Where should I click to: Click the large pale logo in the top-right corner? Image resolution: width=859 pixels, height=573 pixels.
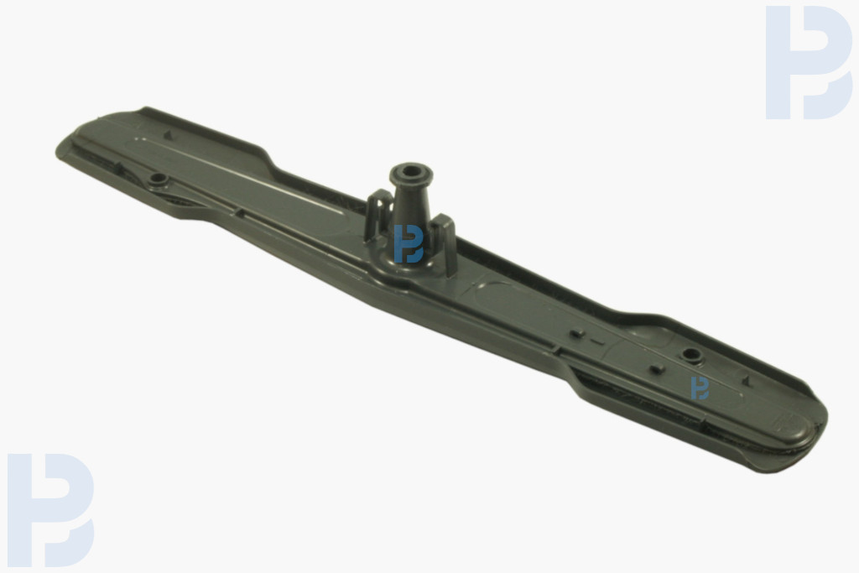pyautogui.click(x=809, y=62)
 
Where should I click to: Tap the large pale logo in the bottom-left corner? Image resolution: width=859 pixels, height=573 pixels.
pyautogui.click(x=50, y=510)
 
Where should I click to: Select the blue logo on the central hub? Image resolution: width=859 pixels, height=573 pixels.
pyautogui.click(x=409, y=244)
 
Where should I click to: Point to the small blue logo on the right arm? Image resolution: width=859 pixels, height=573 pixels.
pyautogui.click(x=700, y=388)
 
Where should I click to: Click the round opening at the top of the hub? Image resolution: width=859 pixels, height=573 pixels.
pyautogui.click(x=411, y=171)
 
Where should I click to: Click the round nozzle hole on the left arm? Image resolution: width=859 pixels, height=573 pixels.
pyautogui.click(x=159, y=179)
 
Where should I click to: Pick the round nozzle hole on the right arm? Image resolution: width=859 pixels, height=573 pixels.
pyautogui.click(x=691, y=354)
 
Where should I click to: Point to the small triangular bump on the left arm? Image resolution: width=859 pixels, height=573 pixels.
pyautogui.click(x=168, y=135)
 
